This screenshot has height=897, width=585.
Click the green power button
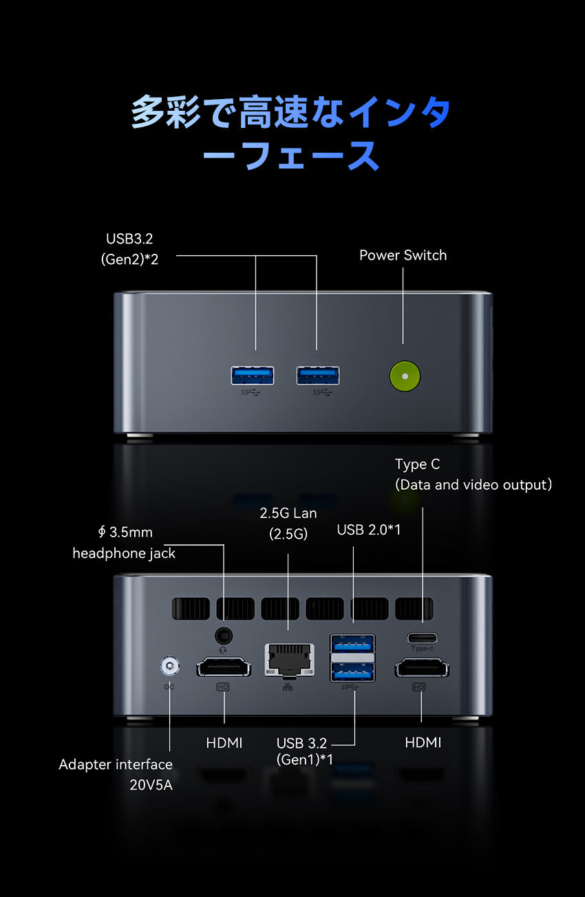pos(405,376)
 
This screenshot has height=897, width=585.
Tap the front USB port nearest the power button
pos(318,376)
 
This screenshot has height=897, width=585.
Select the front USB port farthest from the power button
pos(253,376)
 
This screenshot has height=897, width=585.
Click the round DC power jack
pos(169,666)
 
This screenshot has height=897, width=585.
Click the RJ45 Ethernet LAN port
pos(289,661)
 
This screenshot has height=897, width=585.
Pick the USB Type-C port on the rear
pos(422,636)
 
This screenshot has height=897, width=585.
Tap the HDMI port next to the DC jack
pos(224,667)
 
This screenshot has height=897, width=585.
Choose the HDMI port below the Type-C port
pos(421,667)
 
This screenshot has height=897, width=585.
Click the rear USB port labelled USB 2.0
pos(353,643)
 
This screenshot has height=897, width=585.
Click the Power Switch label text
pos(403,255)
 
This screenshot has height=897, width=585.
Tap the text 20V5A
pos(151,784)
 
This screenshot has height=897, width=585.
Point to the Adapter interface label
pos(116,764)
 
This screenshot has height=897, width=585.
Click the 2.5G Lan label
pos(288,513)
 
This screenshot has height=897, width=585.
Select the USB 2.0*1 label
pos(369,530)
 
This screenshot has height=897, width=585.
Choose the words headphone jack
pos(124,553)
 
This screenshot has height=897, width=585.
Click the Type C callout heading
pos(417,464)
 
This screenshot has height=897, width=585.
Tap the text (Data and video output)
pos(474,484)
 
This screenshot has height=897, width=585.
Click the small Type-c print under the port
pos(422,649)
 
